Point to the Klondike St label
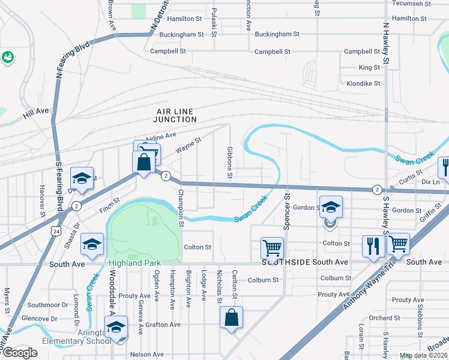[359, 83]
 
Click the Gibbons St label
[229, 162]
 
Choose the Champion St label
[179, 209]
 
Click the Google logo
[20, 352]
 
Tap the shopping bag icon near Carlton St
[232, 319]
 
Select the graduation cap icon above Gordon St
[330, 208]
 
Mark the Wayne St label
[188, 145]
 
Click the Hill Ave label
[35, 111]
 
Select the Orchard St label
[381, 318]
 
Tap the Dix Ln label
[431, 181]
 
